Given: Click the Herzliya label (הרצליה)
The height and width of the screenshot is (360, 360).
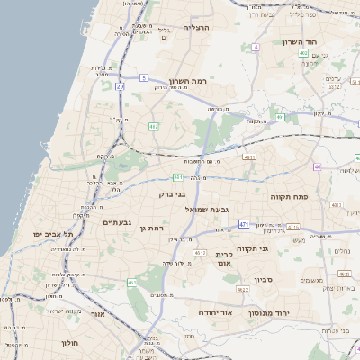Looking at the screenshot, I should click(196, 28).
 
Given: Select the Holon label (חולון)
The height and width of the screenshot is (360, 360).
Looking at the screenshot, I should click(72, 343).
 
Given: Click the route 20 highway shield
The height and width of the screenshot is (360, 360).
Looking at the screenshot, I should click(120, 87).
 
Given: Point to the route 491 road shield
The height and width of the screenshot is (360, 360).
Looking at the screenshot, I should click(281, 117).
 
